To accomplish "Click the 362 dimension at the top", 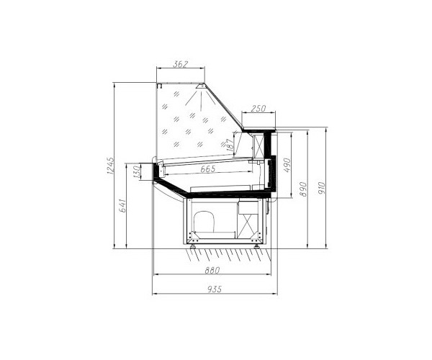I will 180,65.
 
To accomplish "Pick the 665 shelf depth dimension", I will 208,168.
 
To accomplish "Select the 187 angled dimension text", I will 230,144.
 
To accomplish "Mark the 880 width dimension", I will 212,271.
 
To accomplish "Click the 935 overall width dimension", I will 212,289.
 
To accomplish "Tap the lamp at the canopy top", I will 199,88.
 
